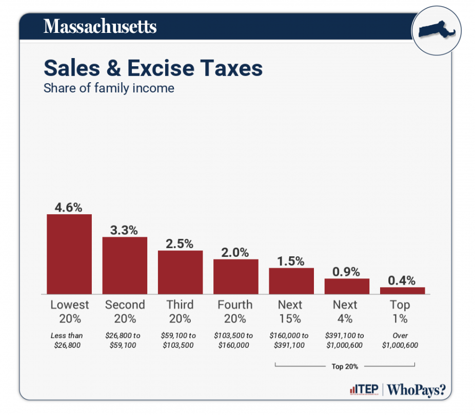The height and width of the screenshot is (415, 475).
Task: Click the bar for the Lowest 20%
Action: coord(69,254)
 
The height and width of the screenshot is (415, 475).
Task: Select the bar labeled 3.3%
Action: coord(125,265)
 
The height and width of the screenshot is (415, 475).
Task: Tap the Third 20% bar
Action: coord(180,272)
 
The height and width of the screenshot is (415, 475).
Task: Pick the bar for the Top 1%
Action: coord(402,291)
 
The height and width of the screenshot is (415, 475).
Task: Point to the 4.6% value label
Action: coord(69,207)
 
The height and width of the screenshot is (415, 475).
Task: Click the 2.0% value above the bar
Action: coord(235,252)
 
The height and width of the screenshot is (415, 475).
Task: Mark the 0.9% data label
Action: coord(347,272)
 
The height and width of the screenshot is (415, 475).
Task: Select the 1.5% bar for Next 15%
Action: coord(291,281)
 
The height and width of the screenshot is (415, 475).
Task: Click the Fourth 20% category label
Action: coord(235,311)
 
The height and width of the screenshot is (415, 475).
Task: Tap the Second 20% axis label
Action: coord(125,311)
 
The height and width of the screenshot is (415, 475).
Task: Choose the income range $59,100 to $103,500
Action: coord(180,340)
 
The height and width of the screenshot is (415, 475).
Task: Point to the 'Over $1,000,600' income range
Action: coord(400,340)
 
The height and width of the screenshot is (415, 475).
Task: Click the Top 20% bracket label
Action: coord(345,367)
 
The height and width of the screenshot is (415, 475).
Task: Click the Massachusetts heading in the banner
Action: coord(100,26)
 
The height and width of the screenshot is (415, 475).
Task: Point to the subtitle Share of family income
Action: coord(109,88)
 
